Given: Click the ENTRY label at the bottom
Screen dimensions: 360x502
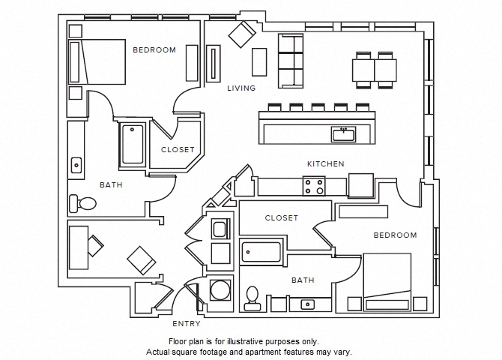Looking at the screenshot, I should tap(187, 324).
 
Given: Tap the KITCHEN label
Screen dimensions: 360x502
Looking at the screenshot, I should tap(325, 163).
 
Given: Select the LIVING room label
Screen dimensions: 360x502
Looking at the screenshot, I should tap(241, 88).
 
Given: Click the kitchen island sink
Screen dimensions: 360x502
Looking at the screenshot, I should tap(344, 134).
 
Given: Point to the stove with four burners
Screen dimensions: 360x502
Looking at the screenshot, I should tap(314, 186).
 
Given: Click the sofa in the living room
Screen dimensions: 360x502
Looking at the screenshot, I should tap(291, 61).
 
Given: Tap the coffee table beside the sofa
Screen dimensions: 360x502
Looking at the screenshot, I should tap(259, 61).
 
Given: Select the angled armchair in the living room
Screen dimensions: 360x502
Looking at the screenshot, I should tap(242, 33).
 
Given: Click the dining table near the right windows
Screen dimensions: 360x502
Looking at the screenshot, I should tap(375, 70).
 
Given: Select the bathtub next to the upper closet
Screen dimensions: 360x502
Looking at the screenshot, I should tap(133, 144).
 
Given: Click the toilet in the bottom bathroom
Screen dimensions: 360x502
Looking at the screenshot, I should tap(252, 298).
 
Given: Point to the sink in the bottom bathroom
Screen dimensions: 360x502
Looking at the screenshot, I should tap(306, 304).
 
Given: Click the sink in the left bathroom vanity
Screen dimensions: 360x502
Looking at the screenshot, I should tap(76, 164).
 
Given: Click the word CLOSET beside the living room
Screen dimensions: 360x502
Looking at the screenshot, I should tap(178, 149).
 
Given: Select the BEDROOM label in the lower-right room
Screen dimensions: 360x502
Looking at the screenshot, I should tap(395, 235).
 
